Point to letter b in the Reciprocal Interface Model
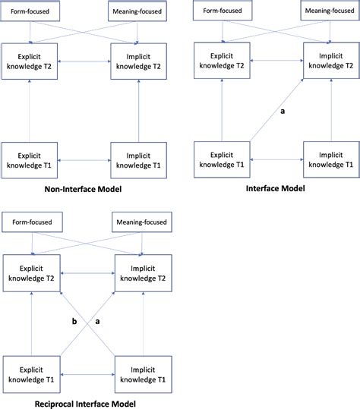coord(73,322)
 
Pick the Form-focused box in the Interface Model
coord(220,11)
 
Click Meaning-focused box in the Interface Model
coord(328,11)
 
